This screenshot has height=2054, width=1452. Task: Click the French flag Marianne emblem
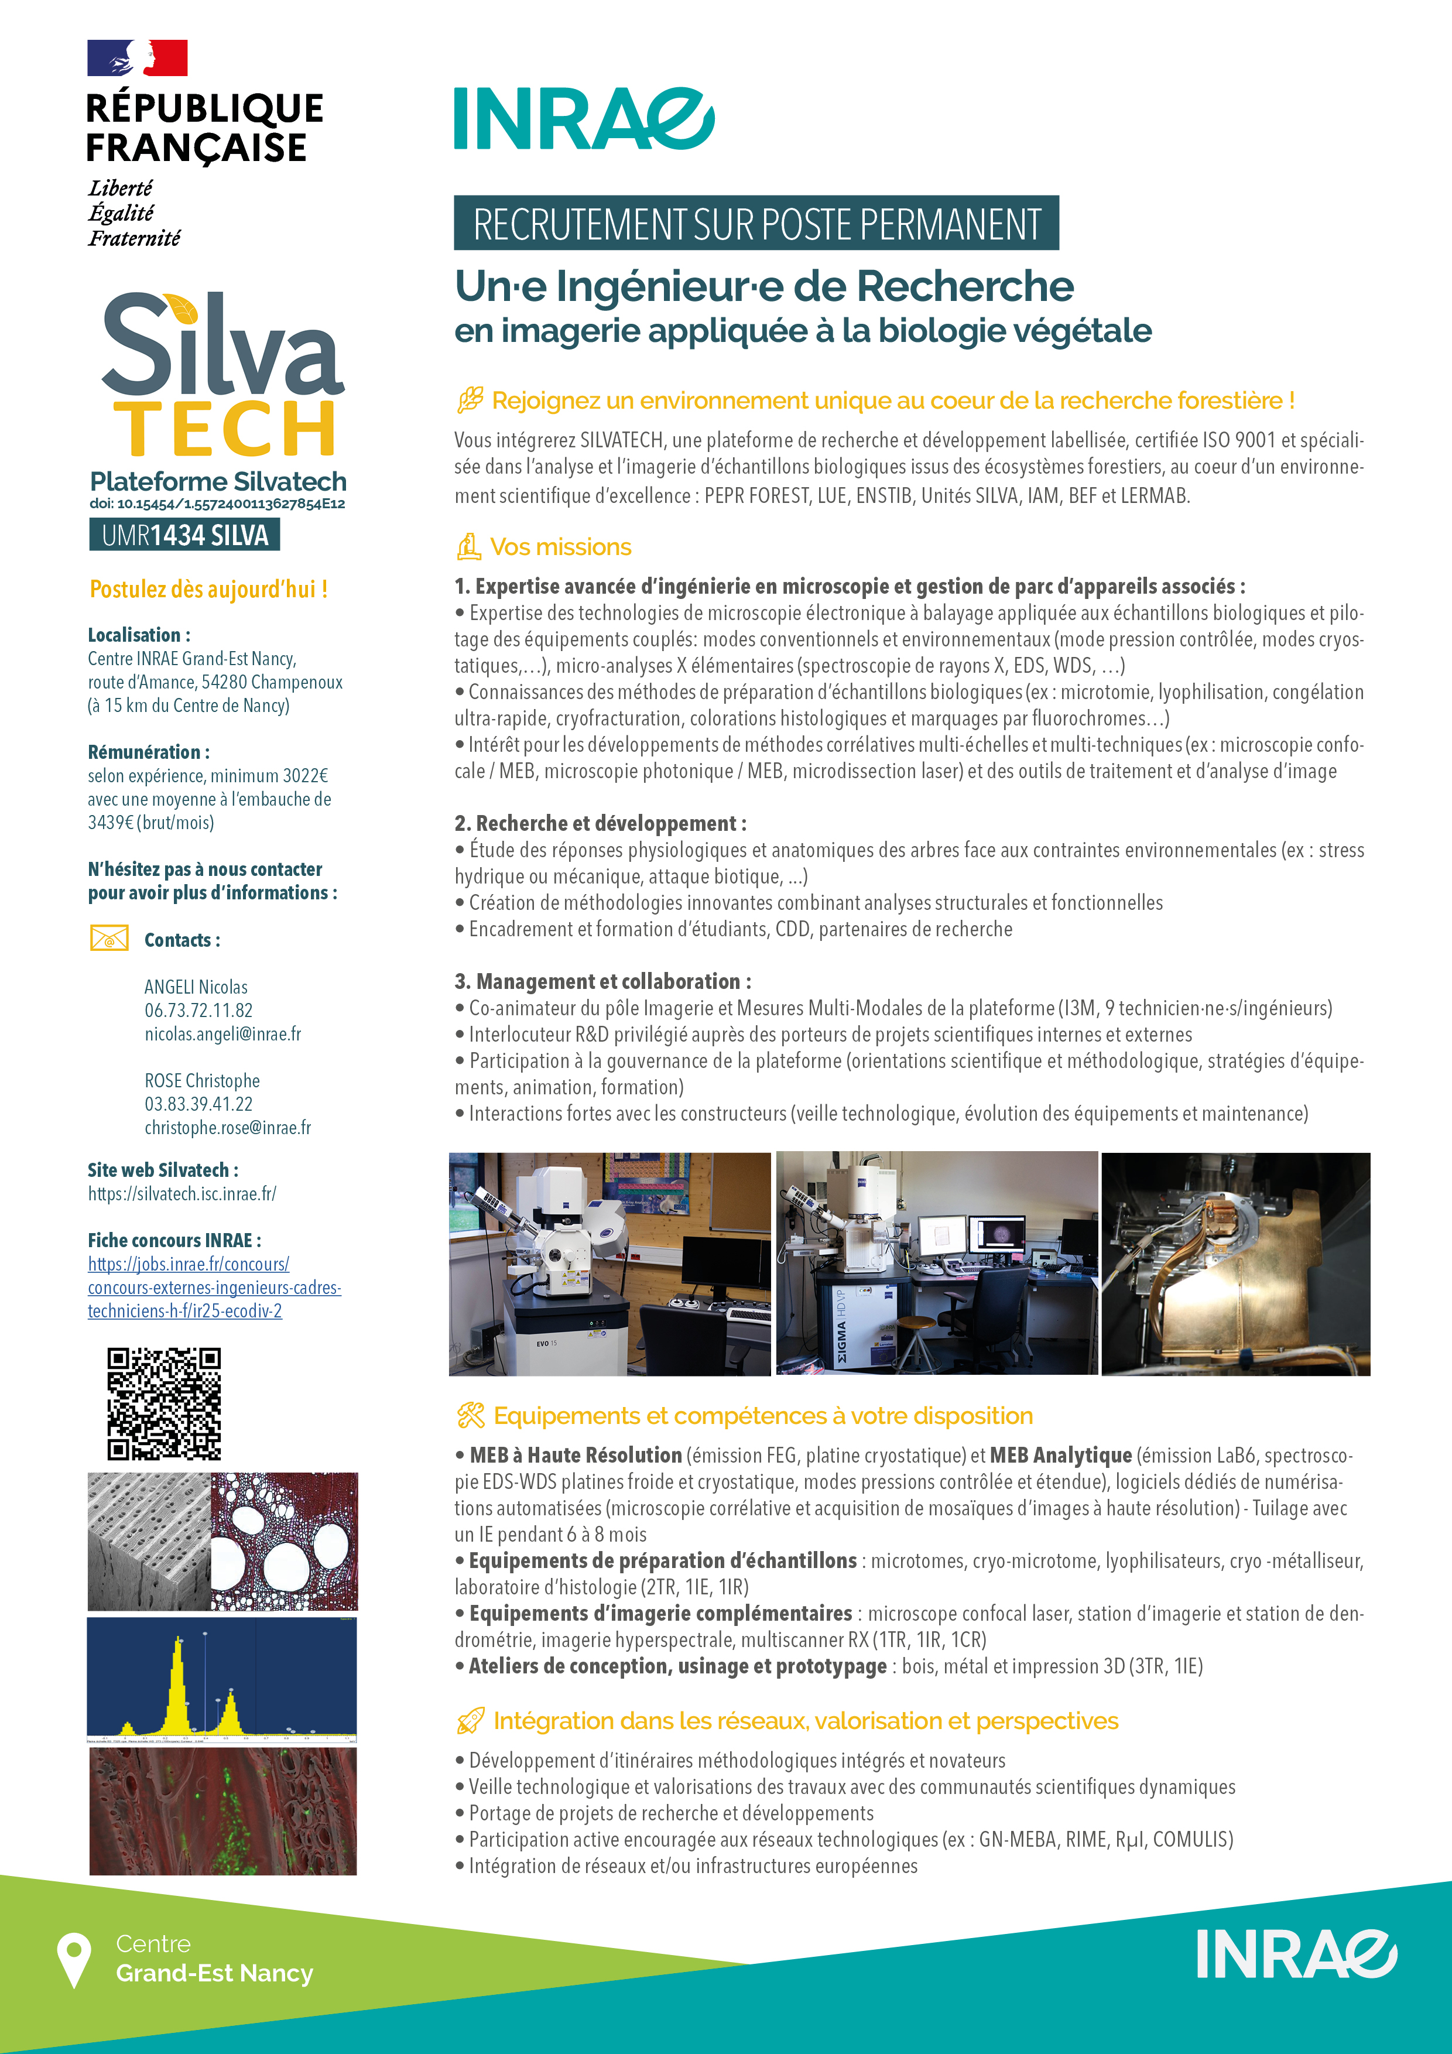[137, 58]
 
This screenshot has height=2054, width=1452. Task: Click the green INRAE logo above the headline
[583, 119]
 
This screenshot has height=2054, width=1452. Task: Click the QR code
[164, 1403]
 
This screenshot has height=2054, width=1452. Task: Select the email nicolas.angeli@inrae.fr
[222, 1034]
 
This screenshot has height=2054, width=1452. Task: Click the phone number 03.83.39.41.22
[198, 1104]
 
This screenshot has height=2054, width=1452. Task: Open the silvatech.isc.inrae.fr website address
[181, 1193]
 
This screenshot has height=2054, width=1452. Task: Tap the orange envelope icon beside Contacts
[109, 939]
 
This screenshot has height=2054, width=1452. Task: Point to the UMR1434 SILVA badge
[184, 535]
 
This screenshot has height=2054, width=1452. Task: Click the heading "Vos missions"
[560, 547]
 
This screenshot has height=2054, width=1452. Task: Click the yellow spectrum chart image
[222, 1680]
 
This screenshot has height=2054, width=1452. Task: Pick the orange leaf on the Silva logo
[183, 310]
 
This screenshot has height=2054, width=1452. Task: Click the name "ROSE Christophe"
[202, 1081]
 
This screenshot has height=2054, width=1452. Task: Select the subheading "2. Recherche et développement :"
[600, 823]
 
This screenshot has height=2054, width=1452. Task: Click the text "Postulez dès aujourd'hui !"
[208, 590]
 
